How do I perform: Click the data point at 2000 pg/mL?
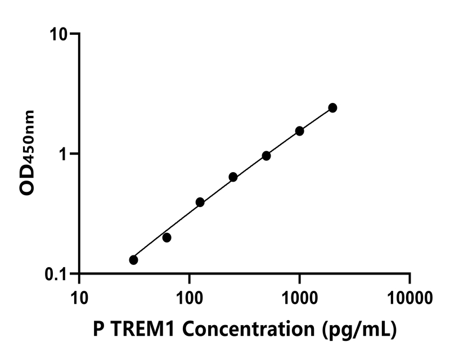point(332,107)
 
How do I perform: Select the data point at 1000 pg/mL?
point(299,131)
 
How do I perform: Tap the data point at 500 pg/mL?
point(266,156)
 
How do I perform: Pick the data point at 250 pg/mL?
point(233,177)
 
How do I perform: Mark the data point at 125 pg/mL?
point(200,202)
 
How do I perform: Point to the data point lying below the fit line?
point(166,237)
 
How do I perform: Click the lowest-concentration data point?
point(133,260)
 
